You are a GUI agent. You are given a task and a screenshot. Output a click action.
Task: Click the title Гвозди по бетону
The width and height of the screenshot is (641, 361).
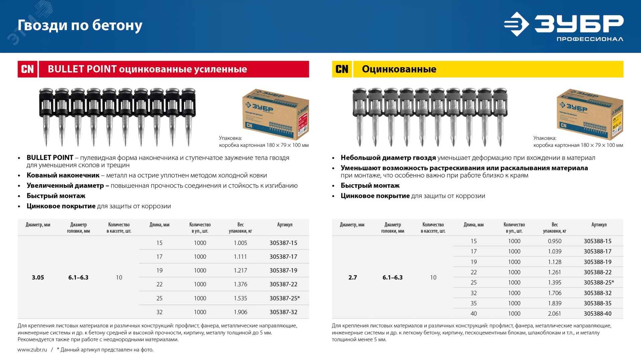[80, 25]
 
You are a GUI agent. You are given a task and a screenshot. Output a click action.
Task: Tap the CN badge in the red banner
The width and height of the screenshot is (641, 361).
[27, 69]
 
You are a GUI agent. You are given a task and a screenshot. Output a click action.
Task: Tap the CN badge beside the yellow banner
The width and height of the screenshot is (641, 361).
[342, 69]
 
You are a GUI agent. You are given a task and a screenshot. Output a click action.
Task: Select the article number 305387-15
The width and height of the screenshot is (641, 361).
[283, 243]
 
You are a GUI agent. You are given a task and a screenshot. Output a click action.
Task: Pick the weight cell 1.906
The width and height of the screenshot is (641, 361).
[240, 312]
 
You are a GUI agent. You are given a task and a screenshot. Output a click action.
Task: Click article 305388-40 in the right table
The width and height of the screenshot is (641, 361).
[597, 314]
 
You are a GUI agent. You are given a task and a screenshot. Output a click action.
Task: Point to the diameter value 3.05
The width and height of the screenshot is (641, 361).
[38, 277]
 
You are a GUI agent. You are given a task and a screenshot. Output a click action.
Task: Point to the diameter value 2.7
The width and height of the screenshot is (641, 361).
[353, 277]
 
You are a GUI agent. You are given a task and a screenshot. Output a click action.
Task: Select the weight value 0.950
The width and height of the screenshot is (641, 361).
[555, 241]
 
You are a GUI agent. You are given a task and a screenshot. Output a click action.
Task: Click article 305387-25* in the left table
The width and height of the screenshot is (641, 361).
[284, 298]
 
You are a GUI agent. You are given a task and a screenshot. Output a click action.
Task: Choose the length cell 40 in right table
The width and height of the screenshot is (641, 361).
[473, 314]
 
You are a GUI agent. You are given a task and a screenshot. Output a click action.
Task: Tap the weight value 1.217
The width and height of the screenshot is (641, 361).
[240, 270]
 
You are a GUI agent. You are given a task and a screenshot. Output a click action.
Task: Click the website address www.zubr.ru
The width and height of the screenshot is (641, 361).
[32, 350]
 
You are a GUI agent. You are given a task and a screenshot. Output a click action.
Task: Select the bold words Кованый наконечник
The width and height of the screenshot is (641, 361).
[63, 175]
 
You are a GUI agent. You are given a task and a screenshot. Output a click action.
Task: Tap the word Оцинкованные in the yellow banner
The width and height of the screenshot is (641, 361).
[399, 69]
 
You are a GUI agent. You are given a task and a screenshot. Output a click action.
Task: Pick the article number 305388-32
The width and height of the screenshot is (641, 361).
[597, 293]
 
